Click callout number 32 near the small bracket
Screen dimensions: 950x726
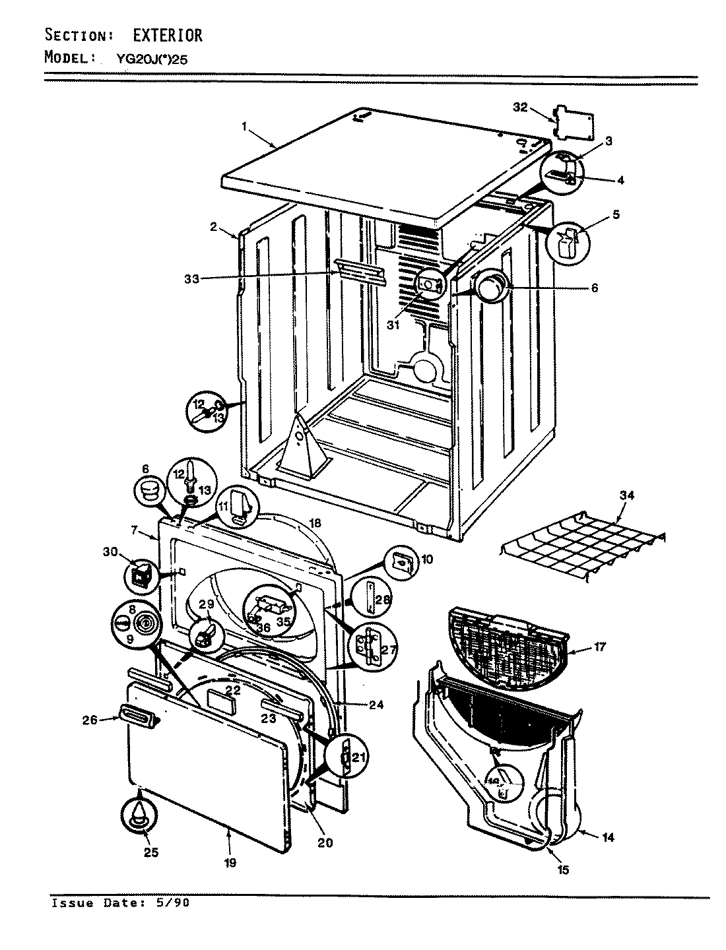pyautogui.click(x=520, y=108)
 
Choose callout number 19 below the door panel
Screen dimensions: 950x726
pyautogui.click(x=230, y=862)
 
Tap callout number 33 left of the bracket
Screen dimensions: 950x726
pyautogui.click(x=191, y=278)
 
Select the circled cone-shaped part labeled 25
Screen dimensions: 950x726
pyautogui.click(x=139, y=814)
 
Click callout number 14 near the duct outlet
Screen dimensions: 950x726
pyautogui.click(x=608, y=837)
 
